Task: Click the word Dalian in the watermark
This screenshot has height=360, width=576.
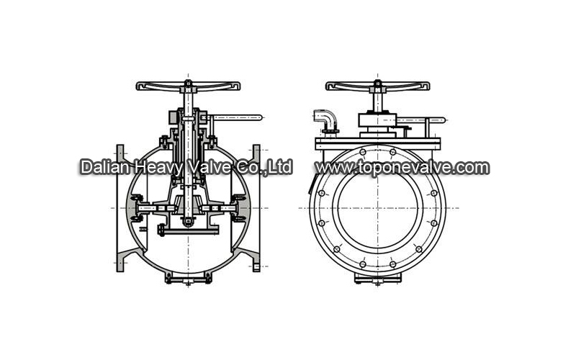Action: [x=104, y=167]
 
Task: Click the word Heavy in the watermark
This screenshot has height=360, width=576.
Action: [x=158, y=168]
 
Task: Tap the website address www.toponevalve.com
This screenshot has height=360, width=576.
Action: [x=402, y=168]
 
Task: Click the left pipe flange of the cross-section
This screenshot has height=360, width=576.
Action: [x=120, y=208]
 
